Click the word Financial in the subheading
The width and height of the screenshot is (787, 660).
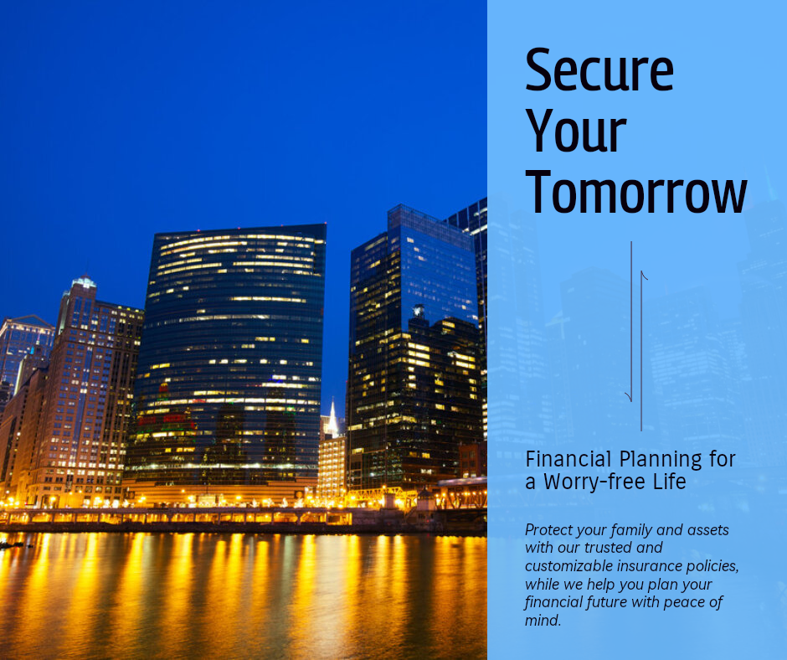[x=568, y=459]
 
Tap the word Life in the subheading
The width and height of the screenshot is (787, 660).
[x=669, y=482]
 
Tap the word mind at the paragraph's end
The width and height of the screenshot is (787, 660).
[x=543, y=620]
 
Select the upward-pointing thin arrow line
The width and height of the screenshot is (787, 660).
[x=641, y=351]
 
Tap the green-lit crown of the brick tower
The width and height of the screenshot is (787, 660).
[x=84, y=281]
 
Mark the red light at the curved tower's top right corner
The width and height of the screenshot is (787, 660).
[x=325, y=223]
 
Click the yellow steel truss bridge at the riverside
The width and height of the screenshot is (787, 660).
[x=382, y=496]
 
